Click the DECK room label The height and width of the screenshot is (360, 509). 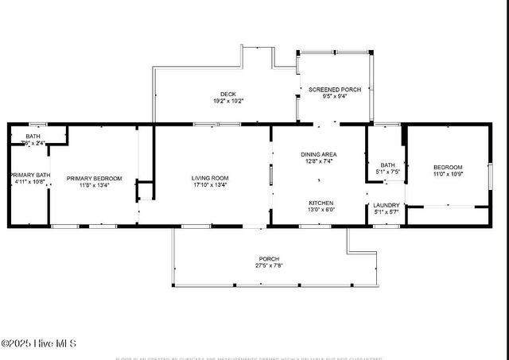click(227, 94)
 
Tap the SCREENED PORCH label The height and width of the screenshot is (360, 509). click(335, 90)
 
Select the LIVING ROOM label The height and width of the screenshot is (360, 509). click(210, 178)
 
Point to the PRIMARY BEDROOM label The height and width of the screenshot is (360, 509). click(94, 179)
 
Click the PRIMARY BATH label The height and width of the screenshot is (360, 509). click(30, 175)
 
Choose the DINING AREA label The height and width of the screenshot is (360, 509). click(319, 154)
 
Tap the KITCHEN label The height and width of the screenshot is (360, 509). click(321, 203)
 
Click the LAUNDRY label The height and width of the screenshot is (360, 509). click(387, 206)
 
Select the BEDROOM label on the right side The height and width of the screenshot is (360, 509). click(448, 167)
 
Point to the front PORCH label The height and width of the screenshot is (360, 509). click(269, 258)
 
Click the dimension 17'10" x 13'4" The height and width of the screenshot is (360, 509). click(210, 185)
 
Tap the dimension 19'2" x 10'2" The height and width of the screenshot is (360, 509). click(227, 101)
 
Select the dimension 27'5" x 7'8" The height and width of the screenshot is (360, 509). click(269, 265)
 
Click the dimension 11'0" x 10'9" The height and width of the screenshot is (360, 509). click(448, 174)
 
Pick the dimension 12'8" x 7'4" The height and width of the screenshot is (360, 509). click(319, 161)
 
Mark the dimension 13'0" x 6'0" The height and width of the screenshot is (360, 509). click(321, 210)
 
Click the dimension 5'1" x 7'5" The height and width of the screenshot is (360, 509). click(387, 172)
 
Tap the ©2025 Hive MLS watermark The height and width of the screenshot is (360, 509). click(38, 343)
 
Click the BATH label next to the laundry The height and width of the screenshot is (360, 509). click(387, 165)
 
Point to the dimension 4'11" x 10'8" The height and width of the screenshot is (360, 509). click(30, 182)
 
